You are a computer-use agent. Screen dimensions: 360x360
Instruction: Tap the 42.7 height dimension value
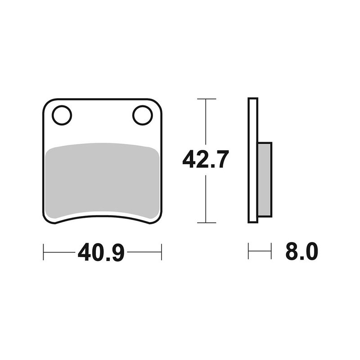pos(206,159)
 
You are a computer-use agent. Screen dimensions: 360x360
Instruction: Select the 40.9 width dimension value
pos(101,252)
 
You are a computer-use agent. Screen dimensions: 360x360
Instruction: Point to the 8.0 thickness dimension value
pos(301,251)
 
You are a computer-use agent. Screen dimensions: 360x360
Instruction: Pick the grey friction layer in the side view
pos(265,180)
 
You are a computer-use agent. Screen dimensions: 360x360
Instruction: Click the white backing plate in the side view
pos(253,161)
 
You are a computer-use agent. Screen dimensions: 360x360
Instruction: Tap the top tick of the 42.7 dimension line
pos(207,99)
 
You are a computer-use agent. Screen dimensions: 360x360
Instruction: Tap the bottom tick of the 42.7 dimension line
pos(207,223)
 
